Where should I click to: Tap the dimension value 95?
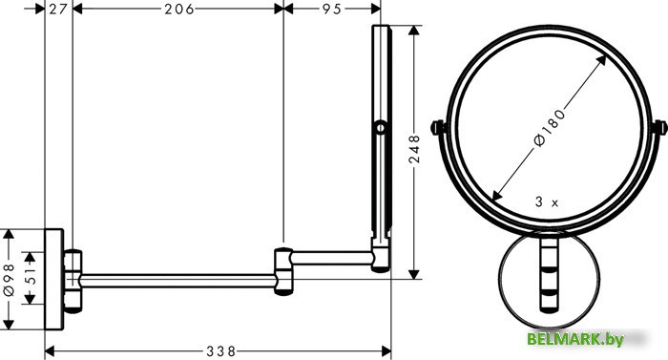coord(330,10)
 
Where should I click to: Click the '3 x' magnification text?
coord(548,201)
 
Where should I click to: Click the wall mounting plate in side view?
coord(54,278)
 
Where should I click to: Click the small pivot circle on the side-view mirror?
coord(381,127)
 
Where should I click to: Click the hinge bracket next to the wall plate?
coord(73,278)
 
